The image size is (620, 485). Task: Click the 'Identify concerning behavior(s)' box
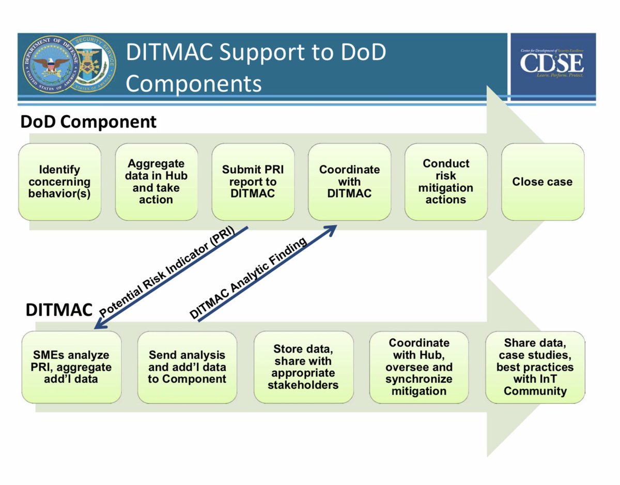point(59,182)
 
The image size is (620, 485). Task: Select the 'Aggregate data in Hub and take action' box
point(157,182)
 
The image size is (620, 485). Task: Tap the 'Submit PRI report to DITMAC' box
point(253,182)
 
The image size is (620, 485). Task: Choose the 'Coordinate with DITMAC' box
point(349,182)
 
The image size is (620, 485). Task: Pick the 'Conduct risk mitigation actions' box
point(446,182)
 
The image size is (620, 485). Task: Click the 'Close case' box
point(542,182)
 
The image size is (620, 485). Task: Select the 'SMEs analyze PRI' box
point(71,367)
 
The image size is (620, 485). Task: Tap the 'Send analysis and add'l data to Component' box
point(187,367)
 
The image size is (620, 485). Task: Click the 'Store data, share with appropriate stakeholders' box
point(304,367)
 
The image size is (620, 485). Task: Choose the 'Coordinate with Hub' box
point(419,367)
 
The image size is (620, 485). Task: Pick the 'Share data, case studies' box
point(535,367)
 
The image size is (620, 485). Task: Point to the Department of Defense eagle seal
point(51,65)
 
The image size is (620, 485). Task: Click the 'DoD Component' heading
point(88,122)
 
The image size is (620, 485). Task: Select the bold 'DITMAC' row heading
point(59,310)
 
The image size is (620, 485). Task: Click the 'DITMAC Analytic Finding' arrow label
point(248,278)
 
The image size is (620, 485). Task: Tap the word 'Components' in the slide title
point(193,83)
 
